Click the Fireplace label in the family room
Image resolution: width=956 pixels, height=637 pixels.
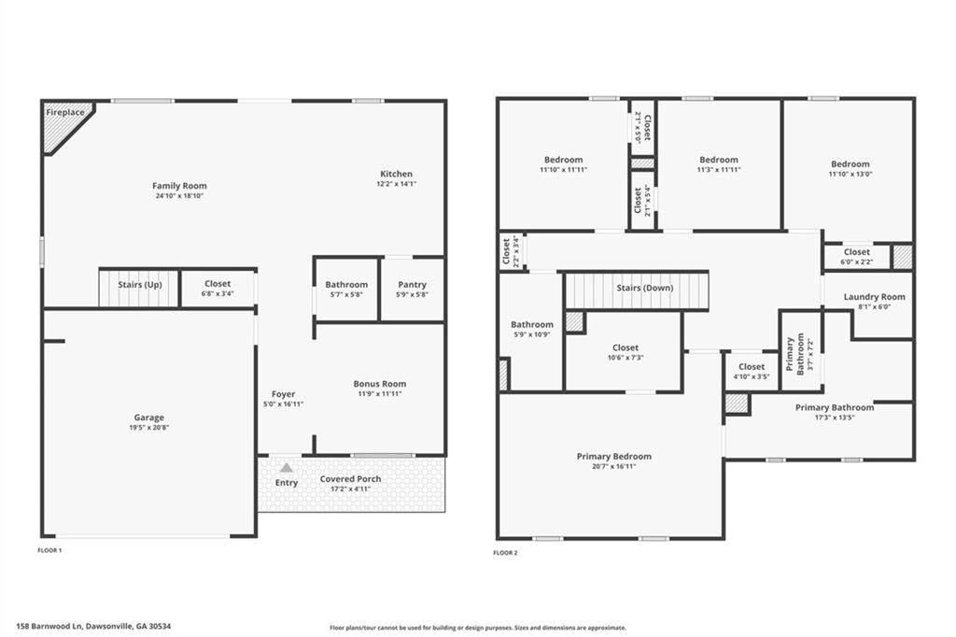[66, 113]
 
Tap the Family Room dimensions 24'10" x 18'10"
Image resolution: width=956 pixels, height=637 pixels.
[180, 197]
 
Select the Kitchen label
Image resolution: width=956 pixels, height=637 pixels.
[396, 175]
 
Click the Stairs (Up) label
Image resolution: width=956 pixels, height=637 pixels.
[140, 284]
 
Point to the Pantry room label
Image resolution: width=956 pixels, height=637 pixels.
[412, 285]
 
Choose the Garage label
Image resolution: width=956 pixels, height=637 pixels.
[148, 418]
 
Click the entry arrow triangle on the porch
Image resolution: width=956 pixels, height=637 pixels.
[287, 467]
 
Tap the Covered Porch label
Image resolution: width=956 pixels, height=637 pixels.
[350, 479]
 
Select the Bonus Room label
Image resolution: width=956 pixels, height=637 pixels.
[379, 384]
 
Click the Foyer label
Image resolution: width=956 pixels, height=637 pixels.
[283, 394]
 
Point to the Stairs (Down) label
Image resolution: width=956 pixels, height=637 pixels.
[644, 288]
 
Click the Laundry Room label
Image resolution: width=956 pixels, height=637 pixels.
[874, 297]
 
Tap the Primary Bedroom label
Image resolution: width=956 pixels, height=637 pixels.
[613, 457]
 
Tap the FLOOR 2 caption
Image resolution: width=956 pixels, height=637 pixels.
[505, 553]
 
